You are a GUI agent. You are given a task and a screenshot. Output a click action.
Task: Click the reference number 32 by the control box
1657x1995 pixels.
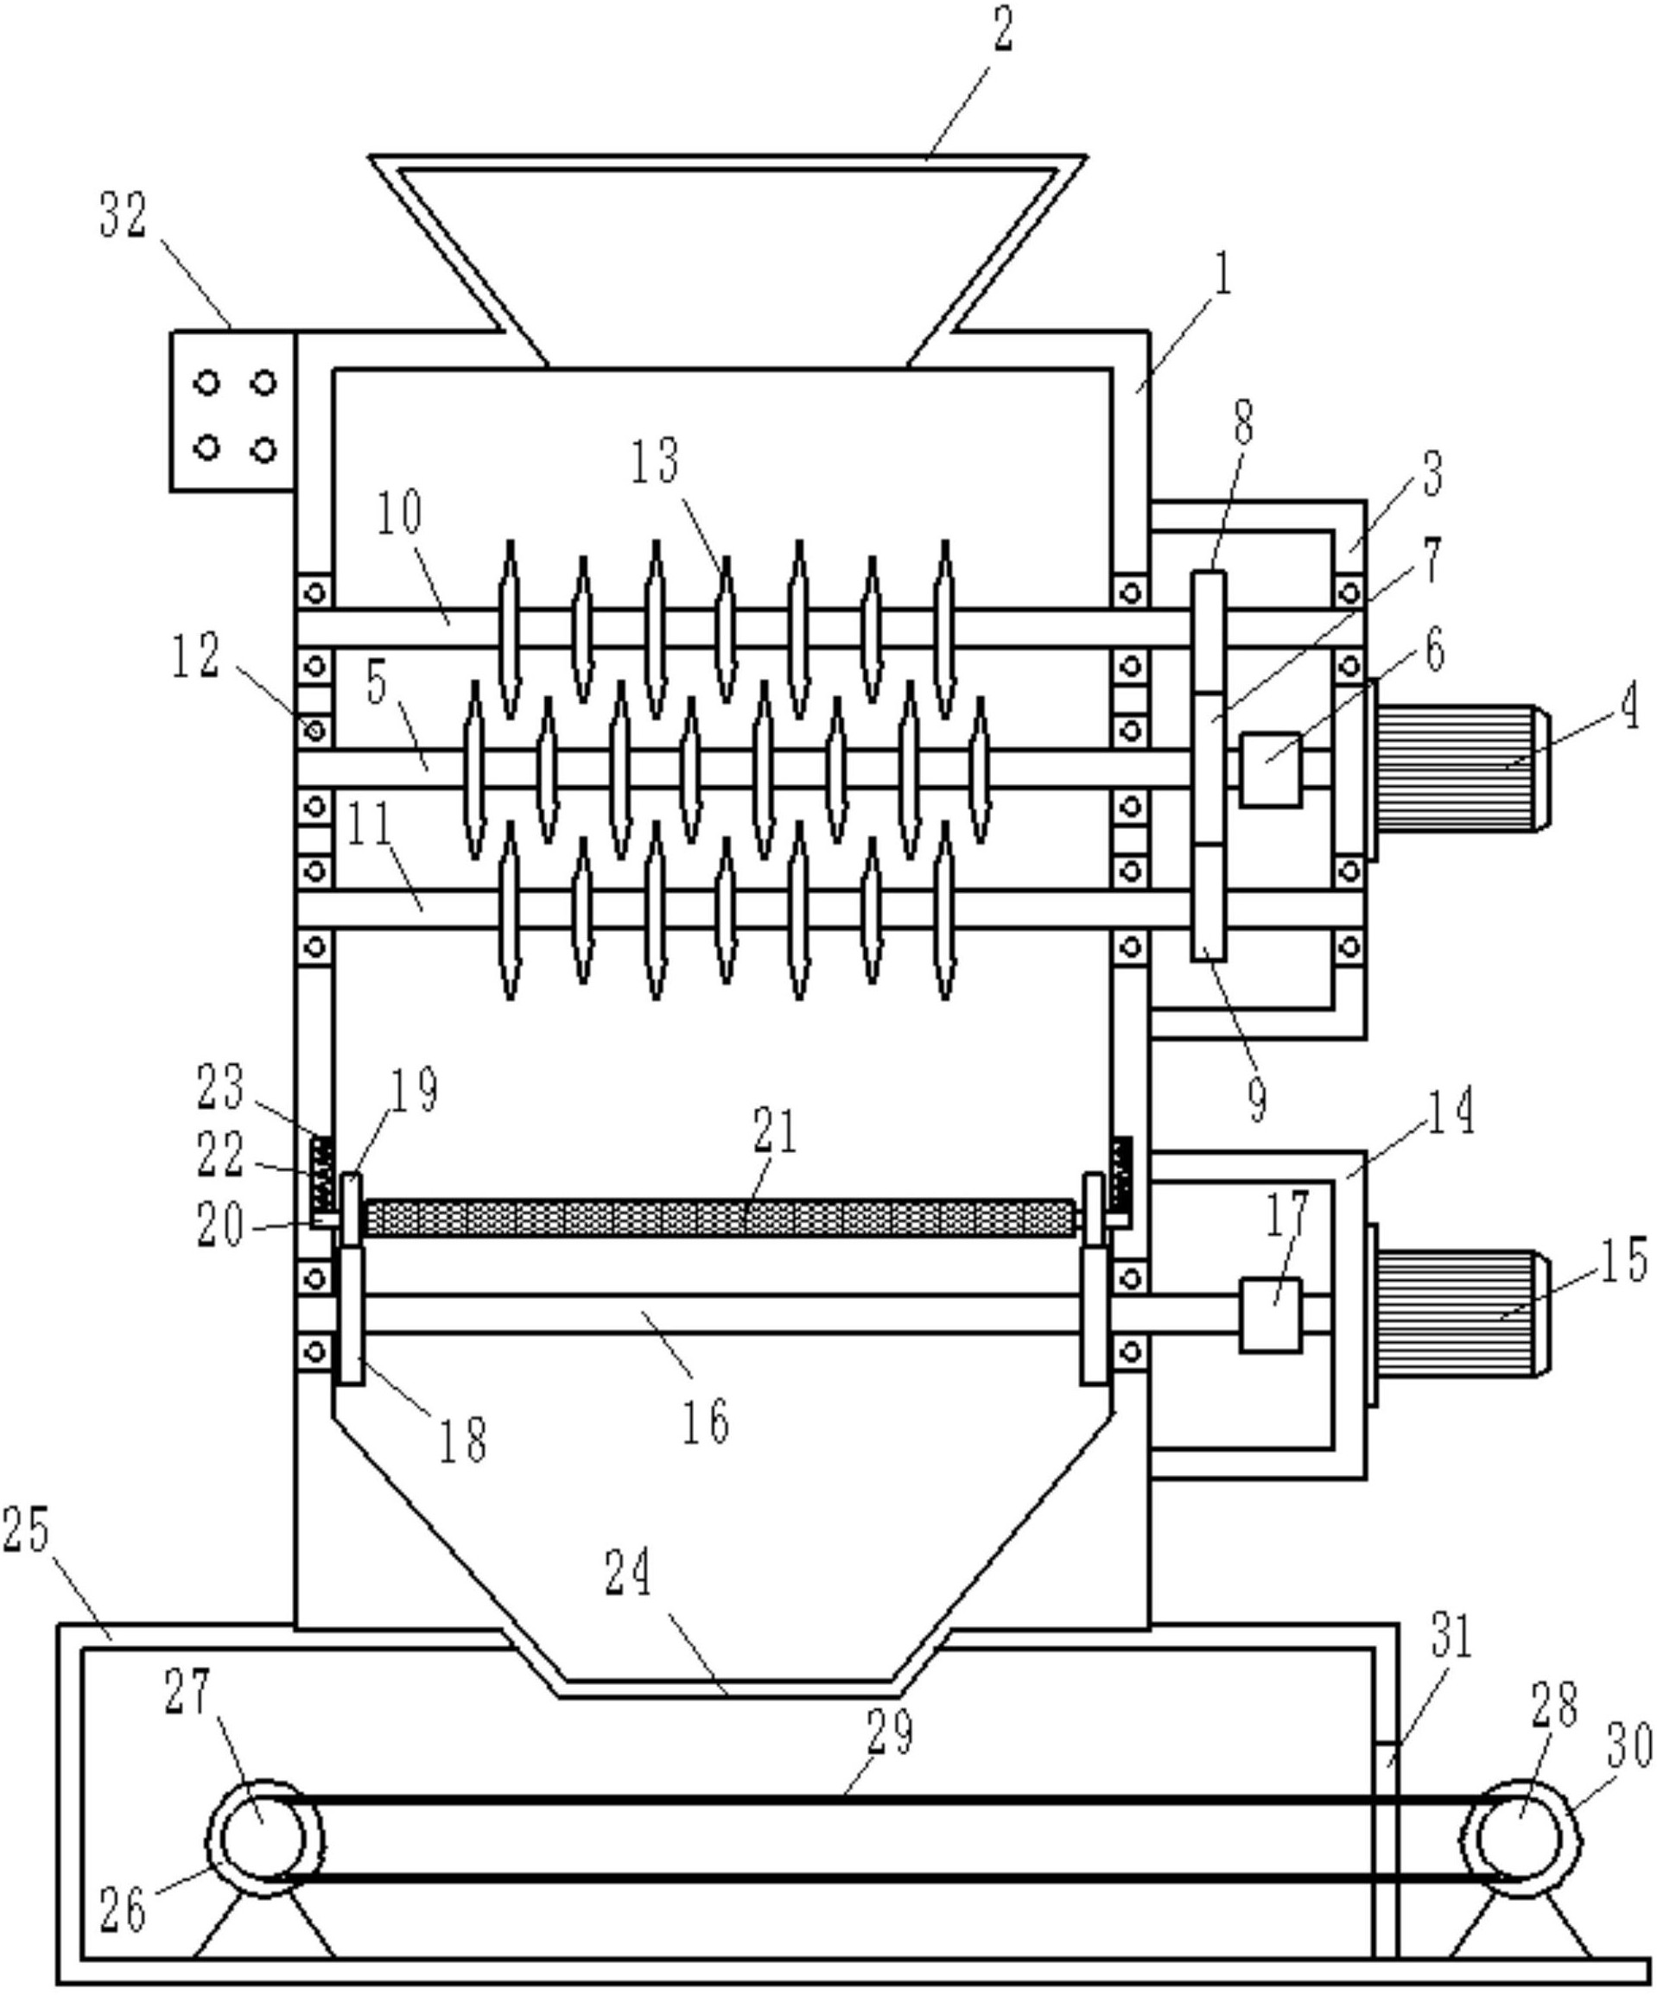click(124, 216)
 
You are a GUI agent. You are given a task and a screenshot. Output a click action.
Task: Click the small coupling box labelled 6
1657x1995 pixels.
click(1270, 769)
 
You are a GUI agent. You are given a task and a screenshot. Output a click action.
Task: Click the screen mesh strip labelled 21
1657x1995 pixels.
click(721, 1218)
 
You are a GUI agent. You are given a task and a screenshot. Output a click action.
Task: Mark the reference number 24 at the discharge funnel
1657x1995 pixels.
click(628, 1575)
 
